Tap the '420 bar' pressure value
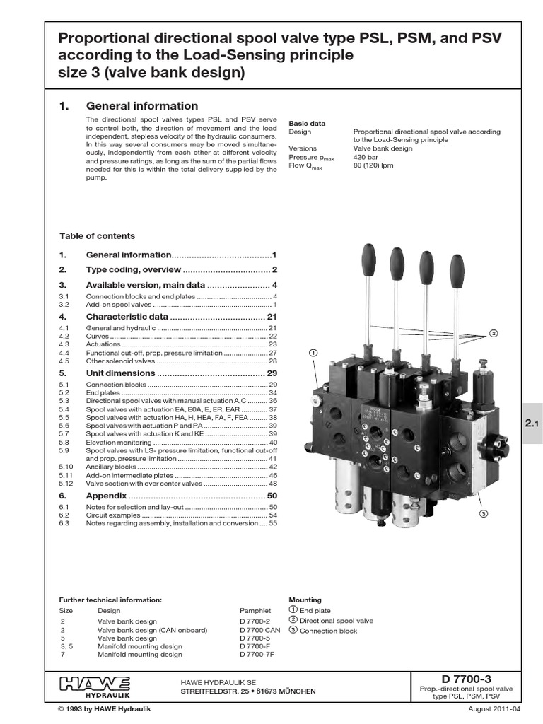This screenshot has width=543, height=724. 366,157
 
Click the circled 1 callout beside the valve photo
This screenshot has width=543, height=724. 313,352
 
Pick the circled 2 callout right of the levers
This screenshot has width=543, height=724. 494,333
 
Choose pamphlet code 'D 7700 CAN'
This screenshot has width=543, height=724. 260,629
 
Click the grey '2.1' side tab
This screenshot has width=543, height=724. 532,424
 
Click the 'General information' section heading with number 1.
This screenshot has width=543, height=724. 141,106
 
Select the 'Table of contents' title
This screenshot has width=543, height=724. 97,236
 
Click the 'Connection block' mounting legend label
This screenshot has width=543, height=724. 328,631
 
